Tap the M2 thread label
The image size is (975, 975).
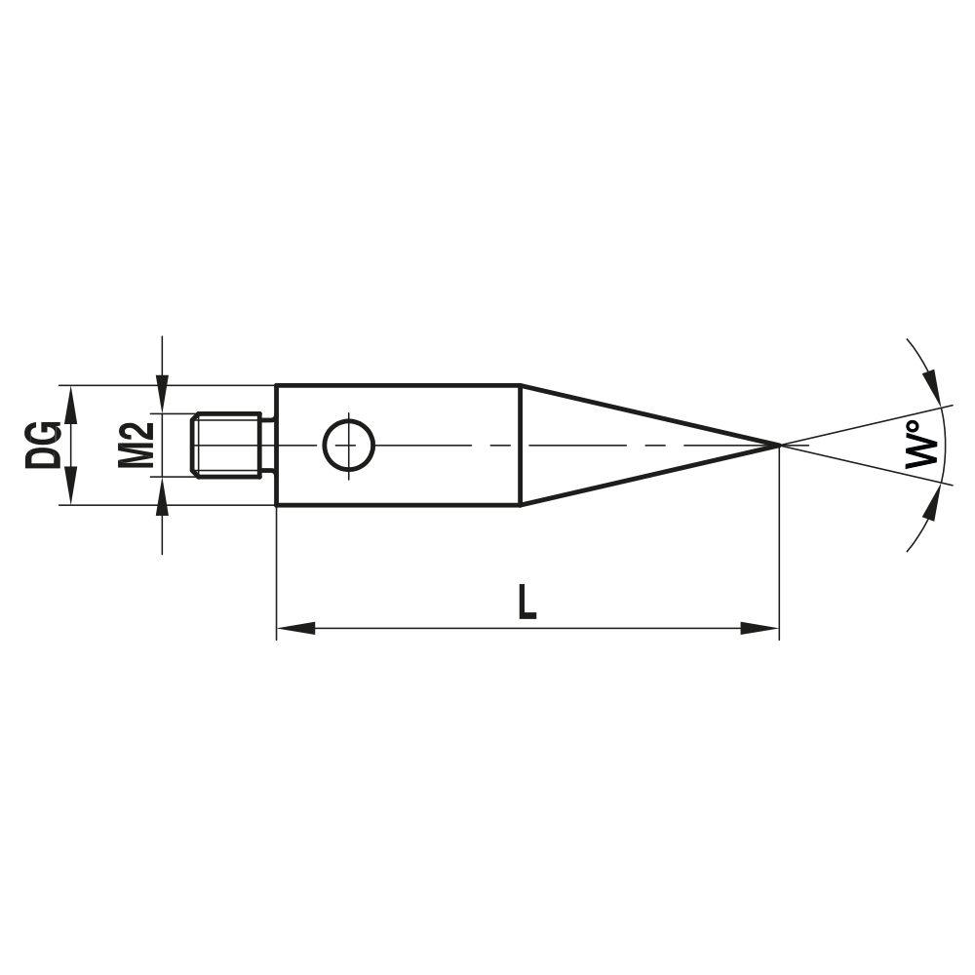point(136,445)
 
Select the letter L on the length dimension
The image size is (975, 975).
point(526,602)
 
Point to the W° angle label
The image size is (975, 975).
point(921,445)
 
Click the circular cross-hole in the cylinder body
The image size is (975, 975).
point(348,445)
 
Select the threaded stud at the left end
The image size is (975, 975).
point(228,445)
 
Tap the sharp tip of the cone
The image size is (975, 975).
point(777,445)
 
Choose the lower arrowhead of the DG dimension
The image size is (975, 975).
point(69,491)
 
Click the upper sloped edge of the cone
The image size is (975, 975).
point(648,414)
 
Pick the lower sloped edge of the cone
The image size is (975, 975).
point(648,476)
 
